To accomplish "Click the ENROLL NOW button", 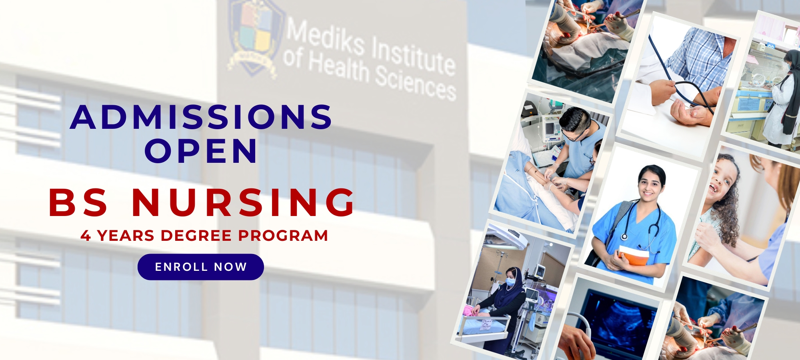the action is tap(201, 267).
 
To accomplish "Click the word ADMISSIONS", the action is tap(201, 117).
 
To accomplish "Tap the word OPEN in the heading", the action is tap(201, 151).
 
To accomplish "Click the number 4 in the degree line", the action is tap(86, 236).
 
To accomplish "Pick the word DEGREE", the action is tap(196, 236).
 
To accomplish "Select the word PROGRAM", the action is tap(283, 236).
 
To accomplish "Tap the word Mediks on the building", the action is tap(325, 37).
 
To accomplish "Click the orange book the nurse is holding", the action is tap(633, 255).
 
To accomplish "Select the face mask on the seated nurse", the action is tap(510, 282).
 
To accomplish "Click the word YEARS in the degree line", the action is tap(126, 236).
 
